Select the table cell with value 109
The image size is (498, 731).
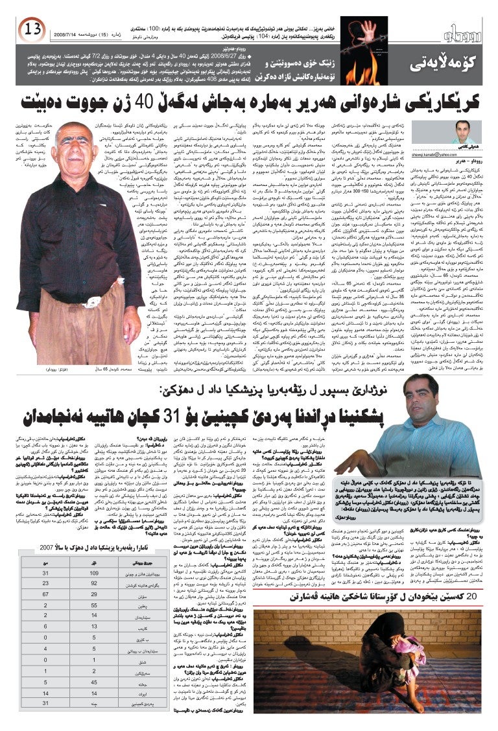coord(94,574)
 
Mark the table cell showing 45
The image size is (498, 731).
coord(94,682)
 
